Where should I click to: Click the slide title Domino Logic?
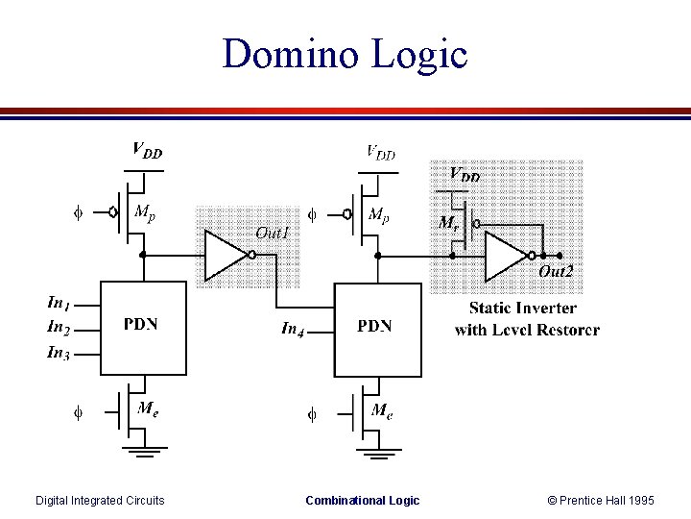pyautogui.click(x=345, y=54)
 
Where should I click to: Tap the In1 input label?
pyautogui.click(x=59, y=303)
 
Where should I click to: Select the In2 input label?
pyautogui.click(x=59, y=328)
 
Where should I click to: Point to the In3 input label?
pyautogui.click(x=59, y=353)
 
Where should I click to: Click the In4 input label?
pyautogui.click(x=294, y=329)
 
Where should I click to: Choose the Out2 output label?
pyautogui.click(x=555, y=272)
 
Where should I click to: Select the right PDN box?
pyautogui.click(x=376, y=329)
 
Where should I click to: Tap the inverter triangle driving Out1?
pyautogui.click(x=225, y=255)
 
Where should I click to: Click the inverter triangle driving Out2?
pyautogui.click(x=505, y=257)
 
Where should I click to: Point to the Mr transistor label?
pyautogui.click(x=447, y=222)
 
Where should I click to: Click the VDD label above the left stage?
pyautogui.click(x=147, y=150)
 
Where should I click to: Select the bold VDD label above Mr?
pyautogui.click(x=465, y=175)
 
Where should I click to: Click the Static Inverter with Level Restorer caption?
pyautogui.click(x=526, y=319)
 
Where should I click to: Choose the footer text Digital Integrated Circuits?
pyautogui.click(x=100, y=500)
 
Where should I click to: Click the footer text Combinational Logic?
pyautogui.click(x=362, y=500)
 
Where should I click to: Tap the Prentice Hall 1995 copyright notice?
pyautogui.click(x=601, y=500)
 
